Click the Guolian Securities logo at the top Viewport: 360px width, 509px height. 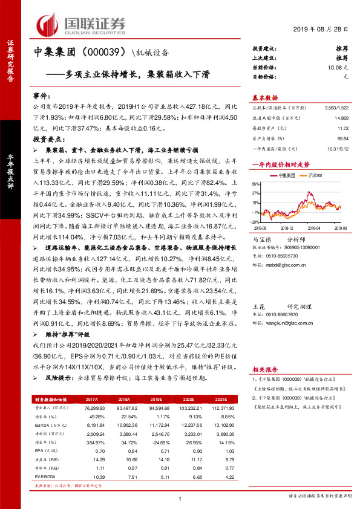[82, 24]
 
